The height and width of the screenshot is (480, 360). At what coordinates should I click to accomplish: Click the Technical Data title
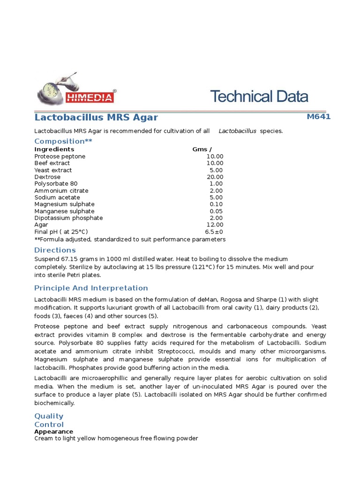(x=259, y=97)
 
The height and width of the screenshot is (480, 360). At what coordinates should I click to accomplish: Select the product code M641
(x=318, y=117)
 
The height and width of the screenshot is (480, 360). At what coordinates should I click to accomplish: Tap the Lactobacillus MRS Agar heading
(x=96, y=117)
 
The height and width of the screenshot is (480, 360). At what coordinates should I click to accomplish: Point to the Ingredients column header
(x=54, y=150)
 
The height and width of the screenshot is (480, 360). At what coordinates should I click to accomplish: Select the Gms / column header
(x=202, y=150)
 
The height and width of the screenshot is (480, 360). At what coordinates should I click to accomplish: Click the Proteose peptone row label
(x=60, y=157)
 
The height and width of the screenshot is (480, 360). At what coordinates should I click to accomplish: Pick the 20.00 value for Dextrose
(x=215, y=177)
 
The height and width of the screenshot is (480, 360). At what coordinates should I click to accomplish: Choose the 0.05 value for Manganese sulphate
(x=216, y=211)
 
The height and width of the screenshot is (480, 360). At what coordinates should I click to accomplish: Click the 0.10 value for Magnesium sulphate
(x=216, y=204)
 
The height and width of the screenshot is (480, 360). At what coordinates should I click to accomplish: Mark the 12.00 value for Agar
(x=215, y=225)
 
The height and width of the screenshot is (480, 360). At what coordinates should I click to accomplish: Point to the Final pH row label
(x=61, y=232)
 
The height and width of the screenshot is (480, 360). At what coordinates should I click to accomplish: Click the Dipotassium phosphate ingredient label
(x=68, y=218)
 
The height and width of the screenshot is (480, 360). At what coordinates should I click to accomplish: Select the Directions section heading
(x=55, y=250)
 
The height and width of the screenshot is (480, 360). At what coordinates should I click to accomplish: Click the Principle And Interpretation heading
(x=91, y=288)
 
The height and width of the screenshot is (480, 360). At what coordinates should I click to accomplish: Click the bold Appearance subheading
(x=53, y=432)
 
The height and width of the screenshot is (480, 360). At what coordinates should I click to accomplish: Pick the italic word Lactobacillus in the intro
(x=237, y=131)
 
